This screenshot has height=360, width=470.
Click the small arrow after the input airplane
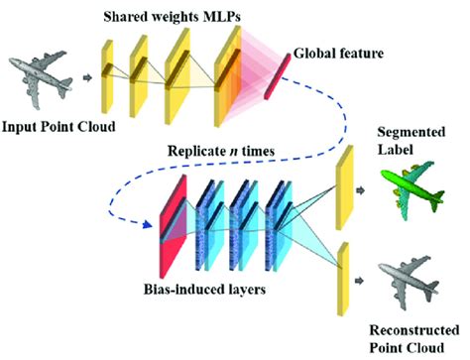point(87,76)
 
